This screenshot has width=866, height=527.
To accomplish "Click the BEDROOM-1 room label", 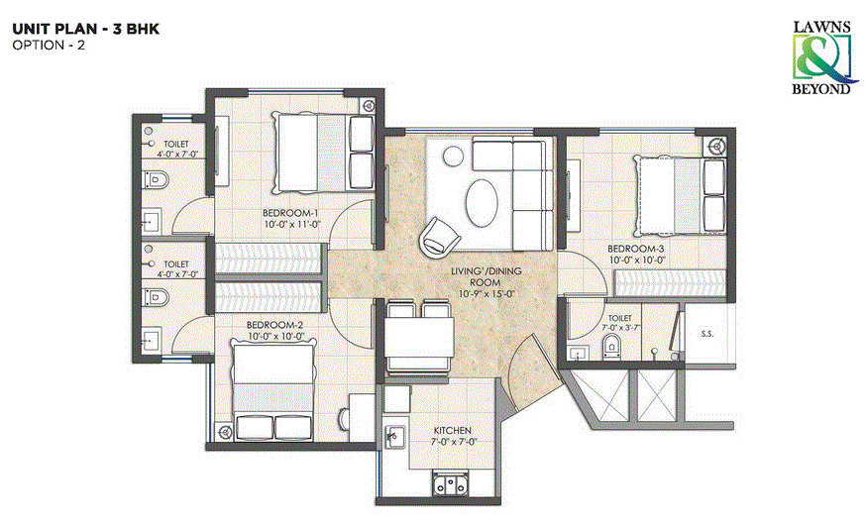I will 289,213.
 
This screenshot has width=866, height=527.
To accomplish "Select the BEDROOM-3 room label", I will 634,248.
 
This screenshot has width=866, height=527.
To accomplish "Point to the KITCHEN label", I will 452,432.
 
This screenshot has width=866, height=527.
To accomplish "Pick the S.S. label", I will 707,334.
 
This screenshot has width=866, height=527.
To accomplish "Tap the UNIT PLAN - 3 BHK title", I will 84,30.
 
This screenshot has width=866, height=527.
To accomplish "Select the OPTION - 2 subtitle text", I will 49,47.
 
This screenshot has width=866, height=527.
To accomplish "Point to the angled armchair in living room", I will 438,235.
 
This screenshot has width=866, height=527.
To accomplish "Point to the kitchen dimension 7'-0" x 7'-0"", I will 452,443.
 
